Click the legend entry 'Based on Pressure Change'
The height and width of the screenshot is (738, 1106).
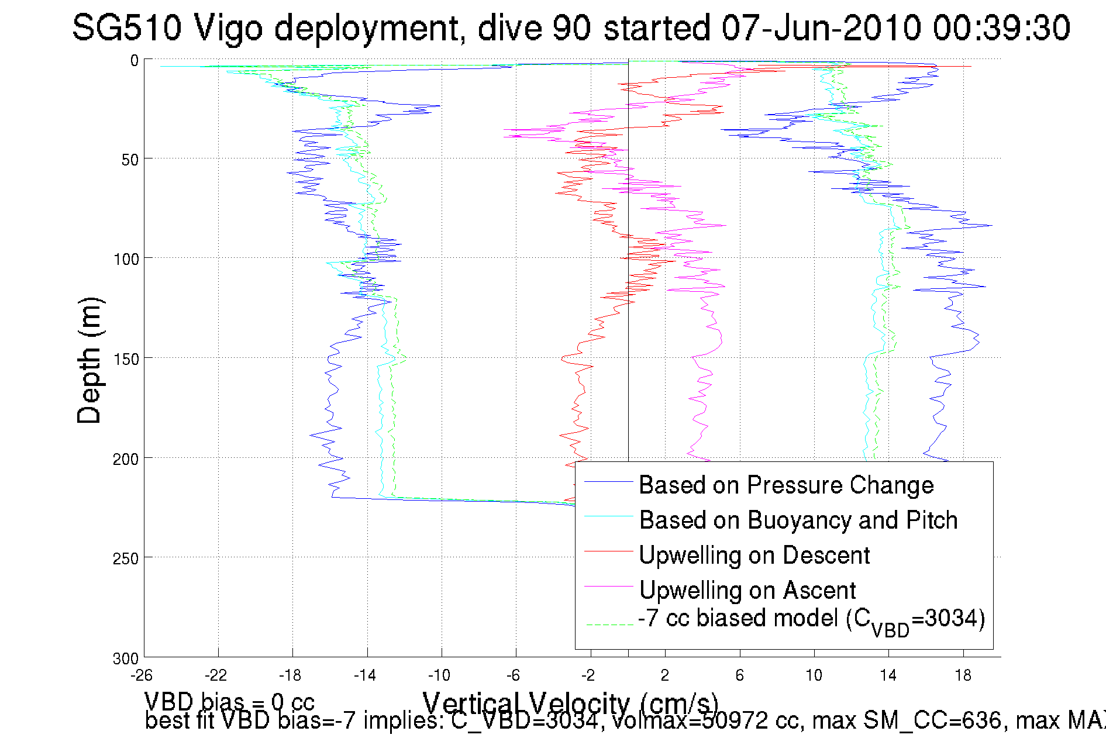(785, 485)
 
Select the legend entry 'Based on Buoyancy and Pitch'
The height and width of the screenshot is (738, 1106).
(798, 520)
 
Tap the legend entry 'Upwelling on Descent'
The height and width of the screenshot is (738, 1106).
(754, 556)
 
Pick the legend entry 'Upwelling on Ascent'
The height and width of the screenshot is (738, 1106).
(747, 591)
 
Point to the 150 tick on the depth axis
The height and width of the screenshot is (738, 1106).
(126, 358)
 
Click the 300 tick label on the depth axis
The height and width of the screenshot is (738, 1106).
(126, 658)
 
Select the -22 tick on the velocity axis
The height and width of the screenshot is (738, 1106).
(216, 675)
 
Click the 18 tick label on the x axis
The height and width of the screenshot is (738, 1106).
(963, 675)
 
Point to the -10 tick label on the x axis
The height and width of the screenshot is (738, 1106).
(439, 675)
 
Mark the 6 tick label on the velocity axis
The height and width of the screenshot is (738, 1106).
(739, 675)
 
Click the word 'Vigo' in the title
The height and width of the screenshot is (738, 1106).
(228, 27)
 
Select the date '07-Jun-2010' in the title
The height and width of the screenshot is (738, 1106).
(821, 27)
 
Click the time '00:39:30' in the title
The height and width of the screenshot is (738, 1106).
(1001, 27)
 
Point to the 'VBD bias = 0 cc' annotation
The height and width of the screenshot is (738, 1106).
(229, 701)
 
